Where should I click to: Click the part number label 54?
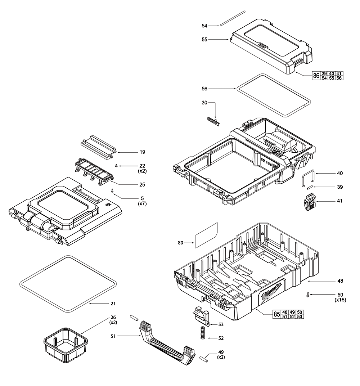tap(204, 26)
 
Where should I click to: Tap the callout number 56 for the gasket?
tap(204, 88)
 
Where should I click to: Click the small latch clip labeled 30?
tap(213, 121)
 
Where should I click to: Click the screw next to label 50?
tap(308, 295)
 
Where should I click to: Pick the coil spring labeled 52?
tap(203, 332)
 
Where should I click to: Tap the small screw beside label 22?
tap(117, 165)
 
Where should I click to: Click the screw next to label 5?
tap(112, 190)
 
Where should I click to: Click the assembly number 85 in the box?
tap(277, 314)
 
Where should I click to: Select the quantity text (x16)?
tap(340, 300)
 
